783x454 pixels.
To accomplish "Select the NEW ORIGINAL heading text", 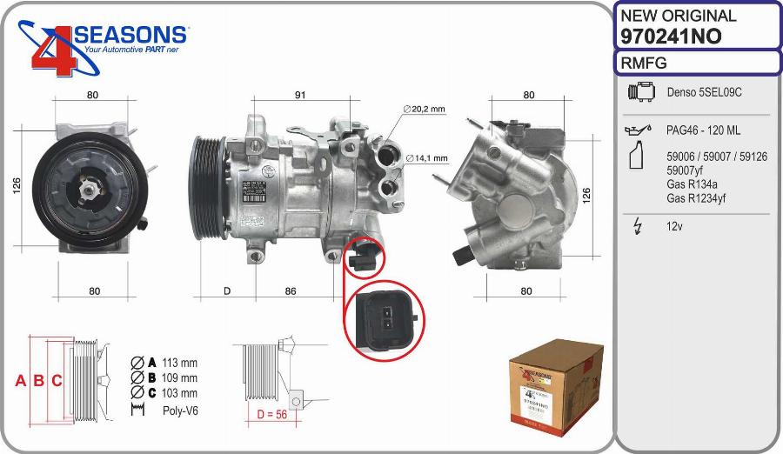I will [678, 16].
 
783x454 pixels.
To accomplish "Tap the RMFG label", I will [644, 63].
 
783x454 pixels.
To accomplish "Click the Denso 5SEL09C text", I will [705, 91].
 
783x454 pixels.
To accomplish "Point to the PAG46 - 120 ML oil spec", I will [703, 130].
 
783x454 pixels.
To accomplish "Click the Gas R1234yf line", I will [697, 198].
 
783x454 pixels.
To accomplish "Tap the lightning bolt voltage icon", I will [637, 226].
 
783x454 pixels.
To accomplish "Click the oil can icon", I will [638, 130].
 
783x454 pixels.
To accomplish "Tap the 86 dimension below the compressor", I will [291, 291].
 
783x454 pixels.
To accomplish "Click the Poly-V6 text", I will [180, 410].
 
